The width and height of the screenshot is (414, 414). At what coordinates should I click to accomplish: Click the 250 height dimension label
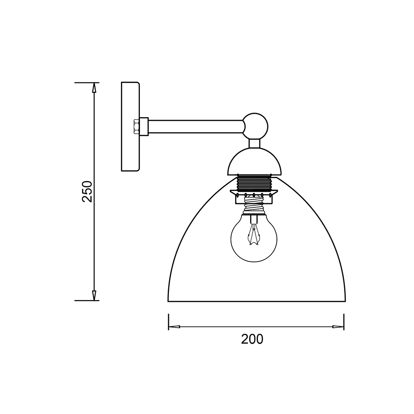(x=87, y=191)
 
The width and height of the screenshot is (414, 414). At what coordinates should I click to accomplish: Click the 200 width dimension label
(x=252, y=339)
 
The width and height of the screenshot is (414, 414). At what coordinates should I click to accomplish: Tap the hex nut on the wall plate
(x=137, y=127)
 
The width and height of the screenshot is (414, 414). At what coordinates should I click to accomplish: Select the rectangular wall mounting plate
(x=130, y=126)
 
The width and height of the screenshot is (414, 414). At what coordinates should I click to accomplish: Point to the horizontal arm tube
(x=196, y=127)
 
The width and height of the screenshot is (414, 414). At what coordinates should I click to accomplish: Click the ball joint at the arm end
(x=255, y=126)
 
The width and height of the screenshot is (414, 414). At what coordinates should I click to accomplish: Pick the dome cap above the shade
(x=255, y=161)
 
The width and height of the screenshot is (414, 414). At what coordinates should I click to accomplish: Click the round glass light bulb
(x=254, y=239)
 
